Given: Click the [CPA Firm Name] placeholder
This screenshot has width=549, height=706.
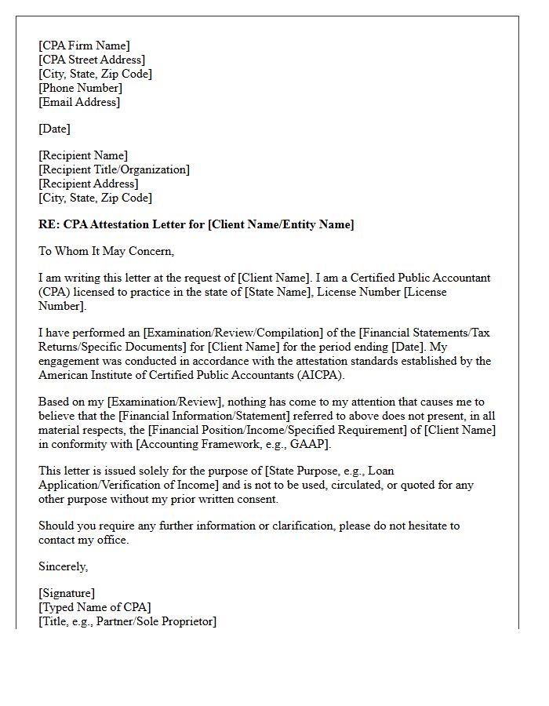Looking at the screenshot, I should (84, 45).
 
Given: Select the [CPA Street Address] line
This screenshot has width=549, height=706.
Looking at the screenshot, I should (92, 60).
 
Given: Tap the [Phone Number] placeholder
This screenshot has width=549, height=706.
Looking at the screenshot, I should (81, 88).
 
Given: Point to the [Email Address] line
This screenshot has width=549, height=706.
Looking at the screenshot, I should (79, 102).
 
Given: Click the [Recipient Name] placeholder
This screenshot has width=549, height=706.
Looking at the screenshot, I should (83, 155).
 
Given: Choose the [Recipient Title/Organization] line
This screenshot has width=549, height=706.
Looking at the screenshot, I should (114, 169).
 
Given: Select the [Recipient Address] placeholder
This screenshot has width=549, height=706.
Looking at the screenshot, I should (89, 184).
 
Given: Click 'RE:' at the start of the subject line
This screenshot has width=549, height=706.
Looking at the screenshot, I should (49, 224).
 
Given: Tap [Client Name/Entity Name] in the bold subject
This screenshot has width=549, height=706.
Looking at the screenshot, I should (281, 224).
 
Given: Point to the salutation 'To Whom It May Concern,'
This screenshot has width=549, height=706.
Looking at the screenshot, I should (106, 251).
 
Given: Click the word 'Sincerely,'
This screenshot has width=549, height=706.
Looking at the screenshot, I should (64, 566).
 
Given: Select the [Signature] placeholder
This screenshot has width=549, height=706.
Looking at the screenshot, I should (67, 593).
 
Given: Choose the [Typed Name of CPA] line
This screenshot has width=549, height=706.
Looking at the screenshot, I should (95, 607).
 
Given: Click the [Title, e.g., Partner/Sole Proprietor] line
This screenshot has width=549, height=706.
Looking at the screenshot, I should (127, 621).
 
